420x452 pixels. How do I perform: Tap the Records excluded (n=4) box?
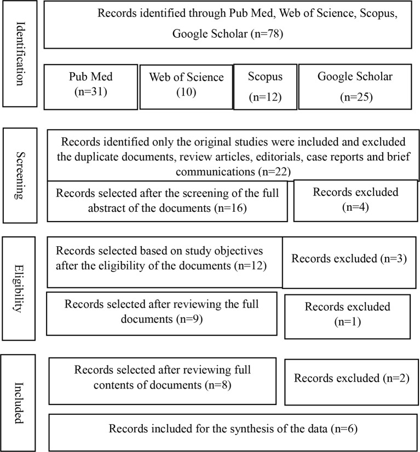[x=355, y=201]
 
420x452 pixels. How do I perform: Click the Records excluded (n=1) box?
[x=347, y=315]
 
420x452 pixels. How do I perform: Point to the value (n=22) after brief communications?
[x=275, y=172]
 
